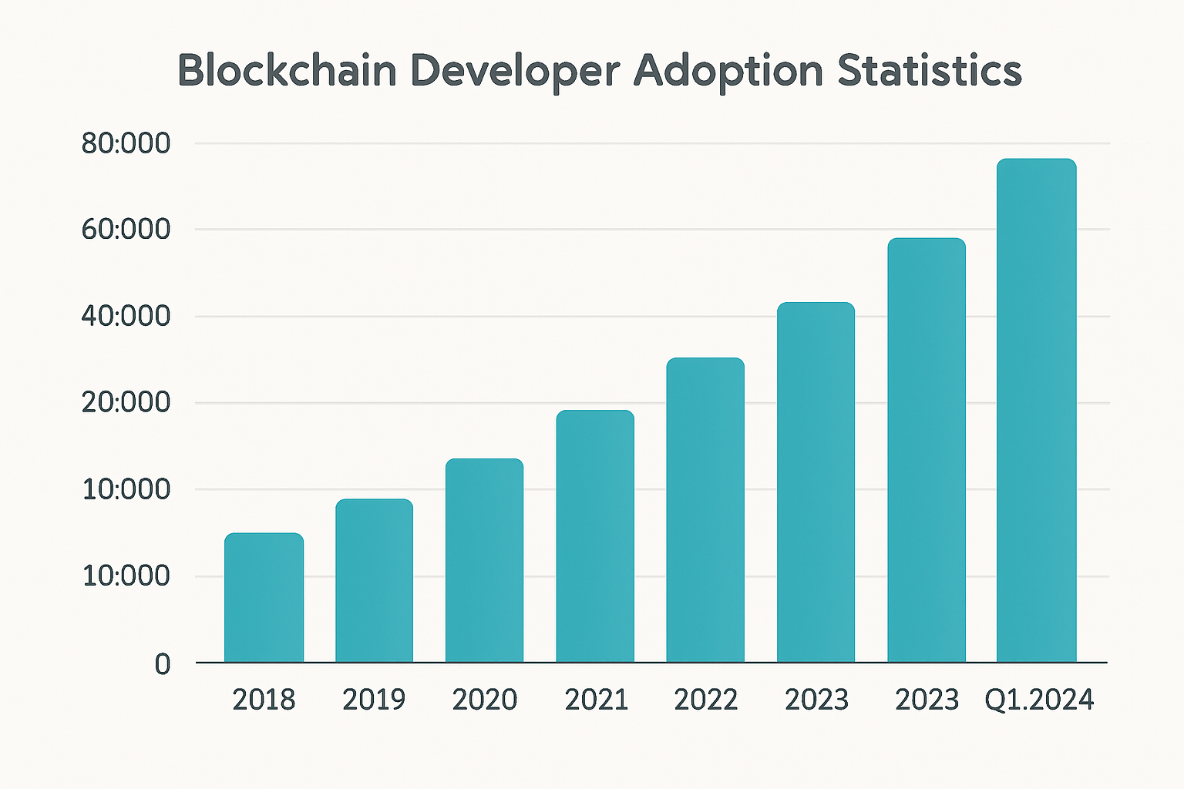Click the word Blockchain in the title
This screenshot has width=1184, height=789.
[287, 71]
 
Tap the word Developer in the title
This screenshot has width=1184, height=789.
[514, 71]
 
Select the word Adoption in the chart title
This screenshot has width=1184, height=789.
[728, 71]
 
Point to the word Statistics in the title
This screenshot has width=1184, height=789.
[930, 71]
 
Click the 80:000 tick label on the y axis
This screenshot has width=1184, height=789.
[126, 143]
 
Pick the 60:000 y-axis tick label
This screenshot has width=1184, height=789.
[126, 230]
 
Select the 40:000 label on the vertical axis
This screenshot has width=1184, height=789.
[126, 316]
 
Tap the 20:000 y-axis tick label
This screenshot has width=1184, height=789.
[126, 402]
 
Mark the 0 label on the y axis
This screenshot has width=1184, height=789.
[162, 663]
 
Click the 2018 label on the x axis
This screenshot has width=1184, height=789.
[264, 700]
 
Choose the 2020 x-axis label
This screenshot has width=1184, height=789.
[484, 700]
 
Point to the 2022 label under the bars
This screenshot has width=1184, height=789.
[705, 700]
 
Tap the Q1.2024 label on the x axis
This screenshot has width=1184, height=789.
[1039, 700]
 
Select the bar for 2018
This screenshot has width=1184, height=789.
[264, 597]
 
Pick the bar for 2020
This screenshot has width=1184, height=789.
[484, 560]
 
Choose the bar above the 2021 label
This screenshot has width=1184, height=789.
[595, 536]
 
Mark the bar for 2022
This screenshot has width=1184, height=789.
[705, 509]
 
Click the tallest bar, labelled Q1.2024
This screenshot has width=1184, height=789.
[1036, 410]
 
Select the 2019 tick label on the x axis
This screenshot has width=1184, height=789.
[374, 700]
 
